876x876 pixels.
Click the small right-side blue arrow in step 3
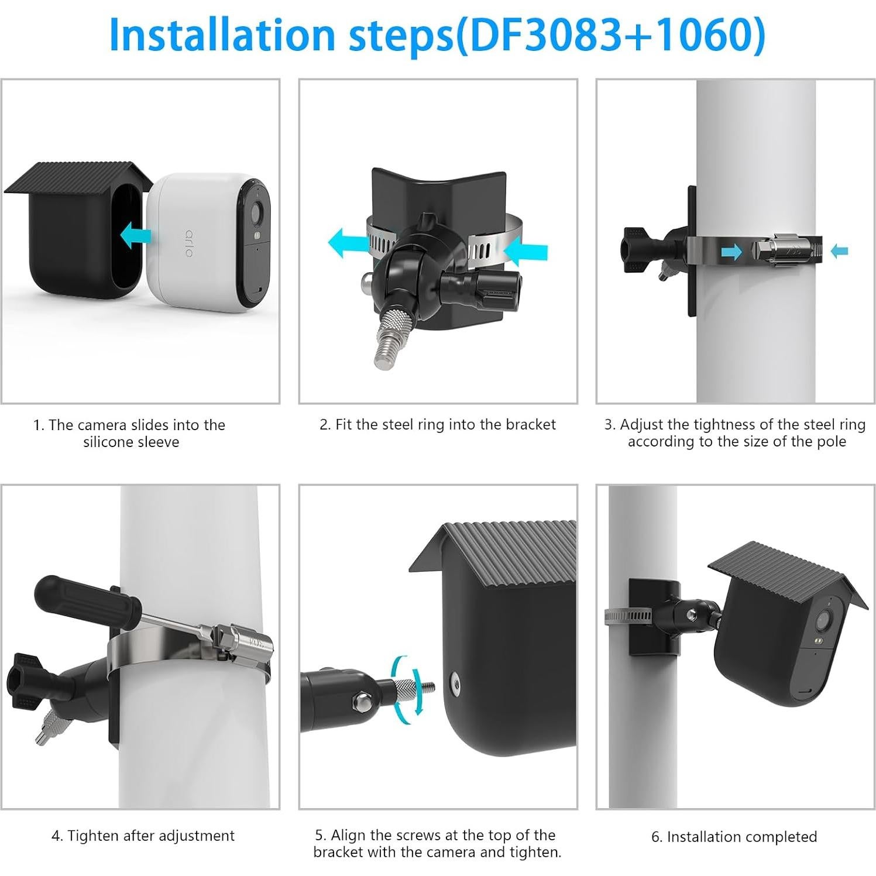pyautogui.click(x=840, y=251)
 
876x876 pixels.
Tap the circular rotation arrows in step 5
pyautogui.click(x=408, y=685)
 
